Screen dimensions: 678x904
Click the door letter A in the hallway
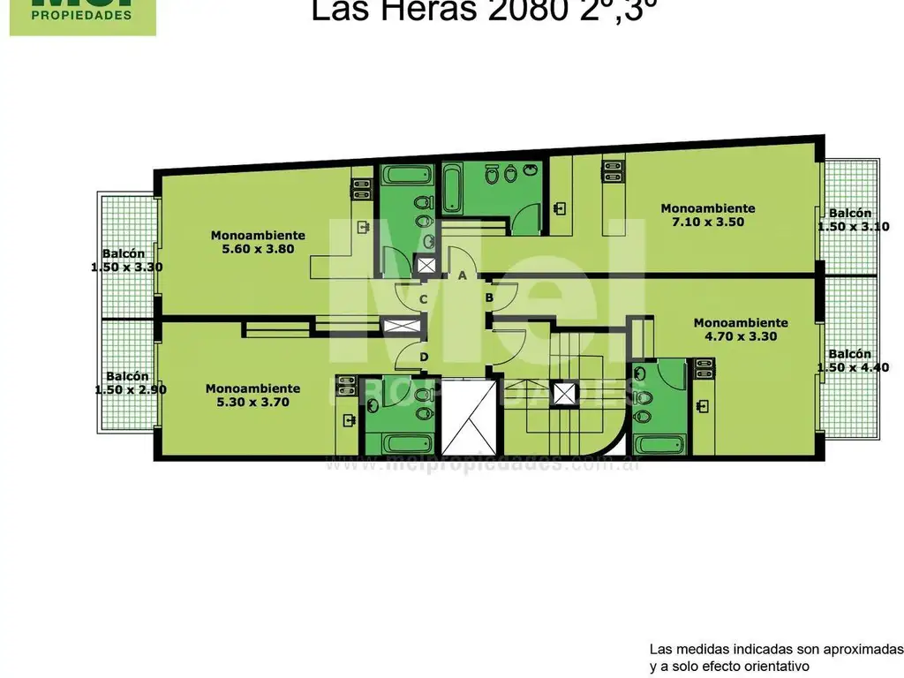coord(462,275)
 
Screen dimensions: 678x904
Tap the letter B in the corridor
coord(488,298)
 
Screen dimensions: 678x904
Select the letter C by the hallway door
coord(424,299)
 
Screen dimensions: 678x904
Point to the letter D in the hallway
coord(424,357)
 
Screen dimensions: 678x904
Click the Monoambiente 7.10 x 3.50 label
coord(708,215)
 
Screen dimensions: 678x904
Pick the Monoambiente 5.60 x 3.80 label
coord(258,242)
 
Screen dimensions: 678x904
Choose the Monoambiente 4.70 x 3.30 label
coord(740,329)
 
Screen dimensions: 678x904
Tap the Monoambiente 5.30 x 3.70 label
coord(252,395)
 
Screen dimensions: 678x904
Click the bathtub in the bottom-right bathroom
coord(659,445)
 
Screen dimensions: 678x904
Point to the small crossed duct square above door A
coord(426,264)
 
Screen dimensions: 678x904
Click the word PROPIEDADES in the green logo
coord(82,15)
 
